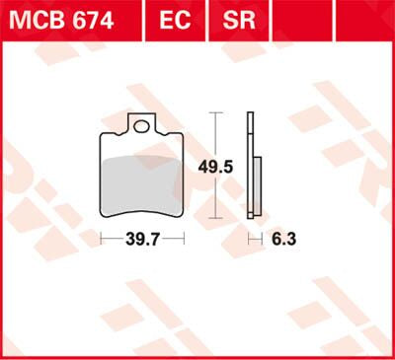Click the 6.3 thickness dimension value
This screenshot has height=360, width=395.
pos(283,239)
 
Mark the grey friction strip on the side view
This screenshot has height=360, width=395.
pos(256,186)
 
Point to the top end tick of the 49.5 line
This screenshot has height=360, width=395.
pos(214,113)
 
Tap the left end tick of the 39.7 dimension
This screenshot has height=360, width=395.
pos(102,239)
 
